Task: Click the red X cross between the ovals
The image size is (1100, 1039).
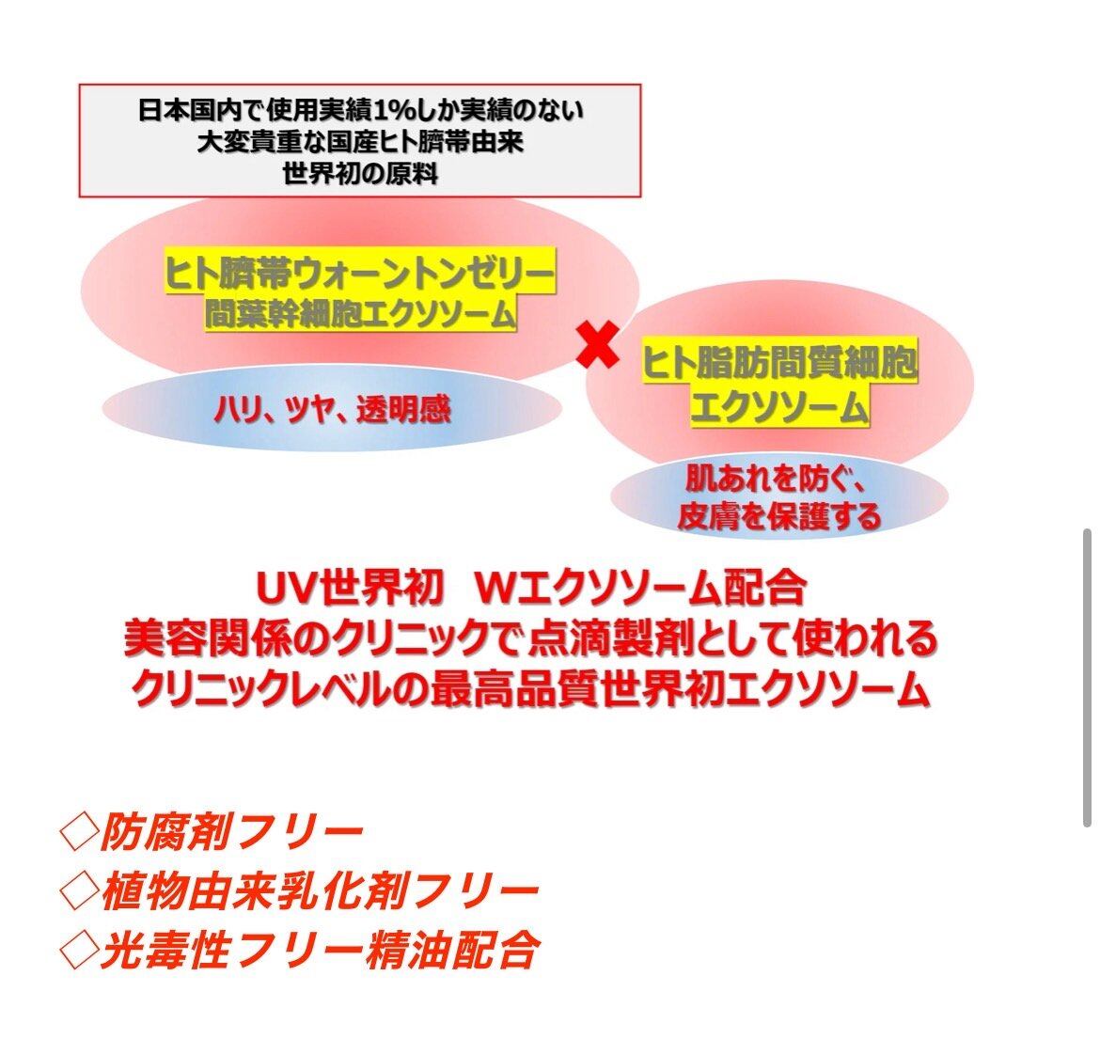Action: pyautogui.click(x=598, y=344)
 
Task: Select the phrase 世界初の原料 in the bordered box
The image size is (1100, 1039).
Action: pyautogui.click(x=361, y=173)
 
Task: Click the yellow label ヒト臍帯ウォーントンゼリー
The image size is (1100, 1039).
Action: pyautogui.click(x=360, y=271)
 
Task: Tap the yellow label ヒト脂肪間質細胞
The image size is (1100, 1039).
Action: pyautogui.click(x=779, y=362)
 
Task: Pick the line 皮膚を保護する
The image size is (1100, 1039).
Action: pyautogui.click(x=778, y=515)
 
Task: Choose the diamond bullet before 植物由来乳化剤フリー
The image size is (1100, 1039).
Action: pyautogui.click(x=79, y=891)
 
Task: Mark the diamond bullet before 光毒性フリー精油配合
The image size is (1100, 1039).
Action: pyautogui.click(x=79, y=952)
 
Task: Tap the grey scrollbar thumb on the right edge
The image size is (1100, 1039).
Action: pyautogui.click(x=1087, y=678)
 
